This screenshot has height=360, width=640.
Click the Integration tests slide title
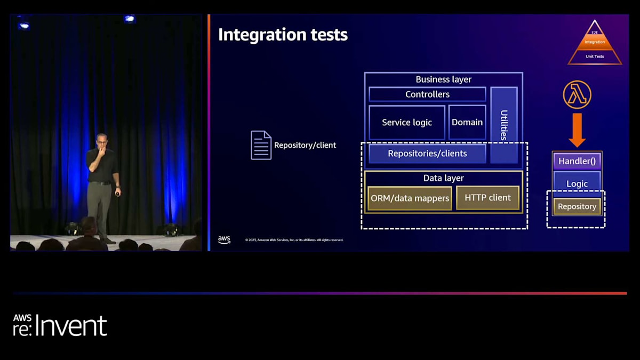click(283, 35)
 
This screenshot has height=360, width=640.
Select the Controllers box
click(427, 94)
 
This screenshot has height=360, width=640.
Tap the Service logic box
click(406, 123)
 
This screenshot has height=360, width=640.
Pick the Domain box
click(467, 123)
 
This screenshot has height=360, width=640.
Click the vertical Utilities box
click(503, 125)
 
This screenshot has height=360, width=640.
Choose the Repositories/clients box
click(427, 154)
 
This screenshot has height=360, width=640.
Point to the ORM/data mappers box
click(410, 198)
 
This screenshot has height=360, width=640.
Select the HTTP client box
click(487, 198)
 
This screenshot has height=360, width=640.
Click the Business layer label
click(443, 79)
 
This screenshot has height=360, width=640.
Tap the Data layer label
click(443, 178)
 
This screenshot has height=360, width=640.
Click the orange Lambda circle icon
click(577, 95)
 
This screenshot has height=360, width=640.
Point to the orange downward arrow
click(577, 130)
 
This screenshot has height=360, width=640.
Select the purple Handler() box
click(577, 161)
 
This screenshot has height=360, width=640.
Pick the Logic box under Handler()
click(577, 183)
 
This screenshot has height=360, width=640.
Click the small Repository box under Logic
click(577, 206)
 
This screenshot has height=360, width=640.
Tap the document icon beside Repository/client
click(261, 145)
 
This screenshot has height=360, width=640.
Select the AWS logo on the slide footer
click(224, 240)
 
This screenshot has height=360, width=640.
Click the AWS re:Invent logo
click(60, 325)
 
